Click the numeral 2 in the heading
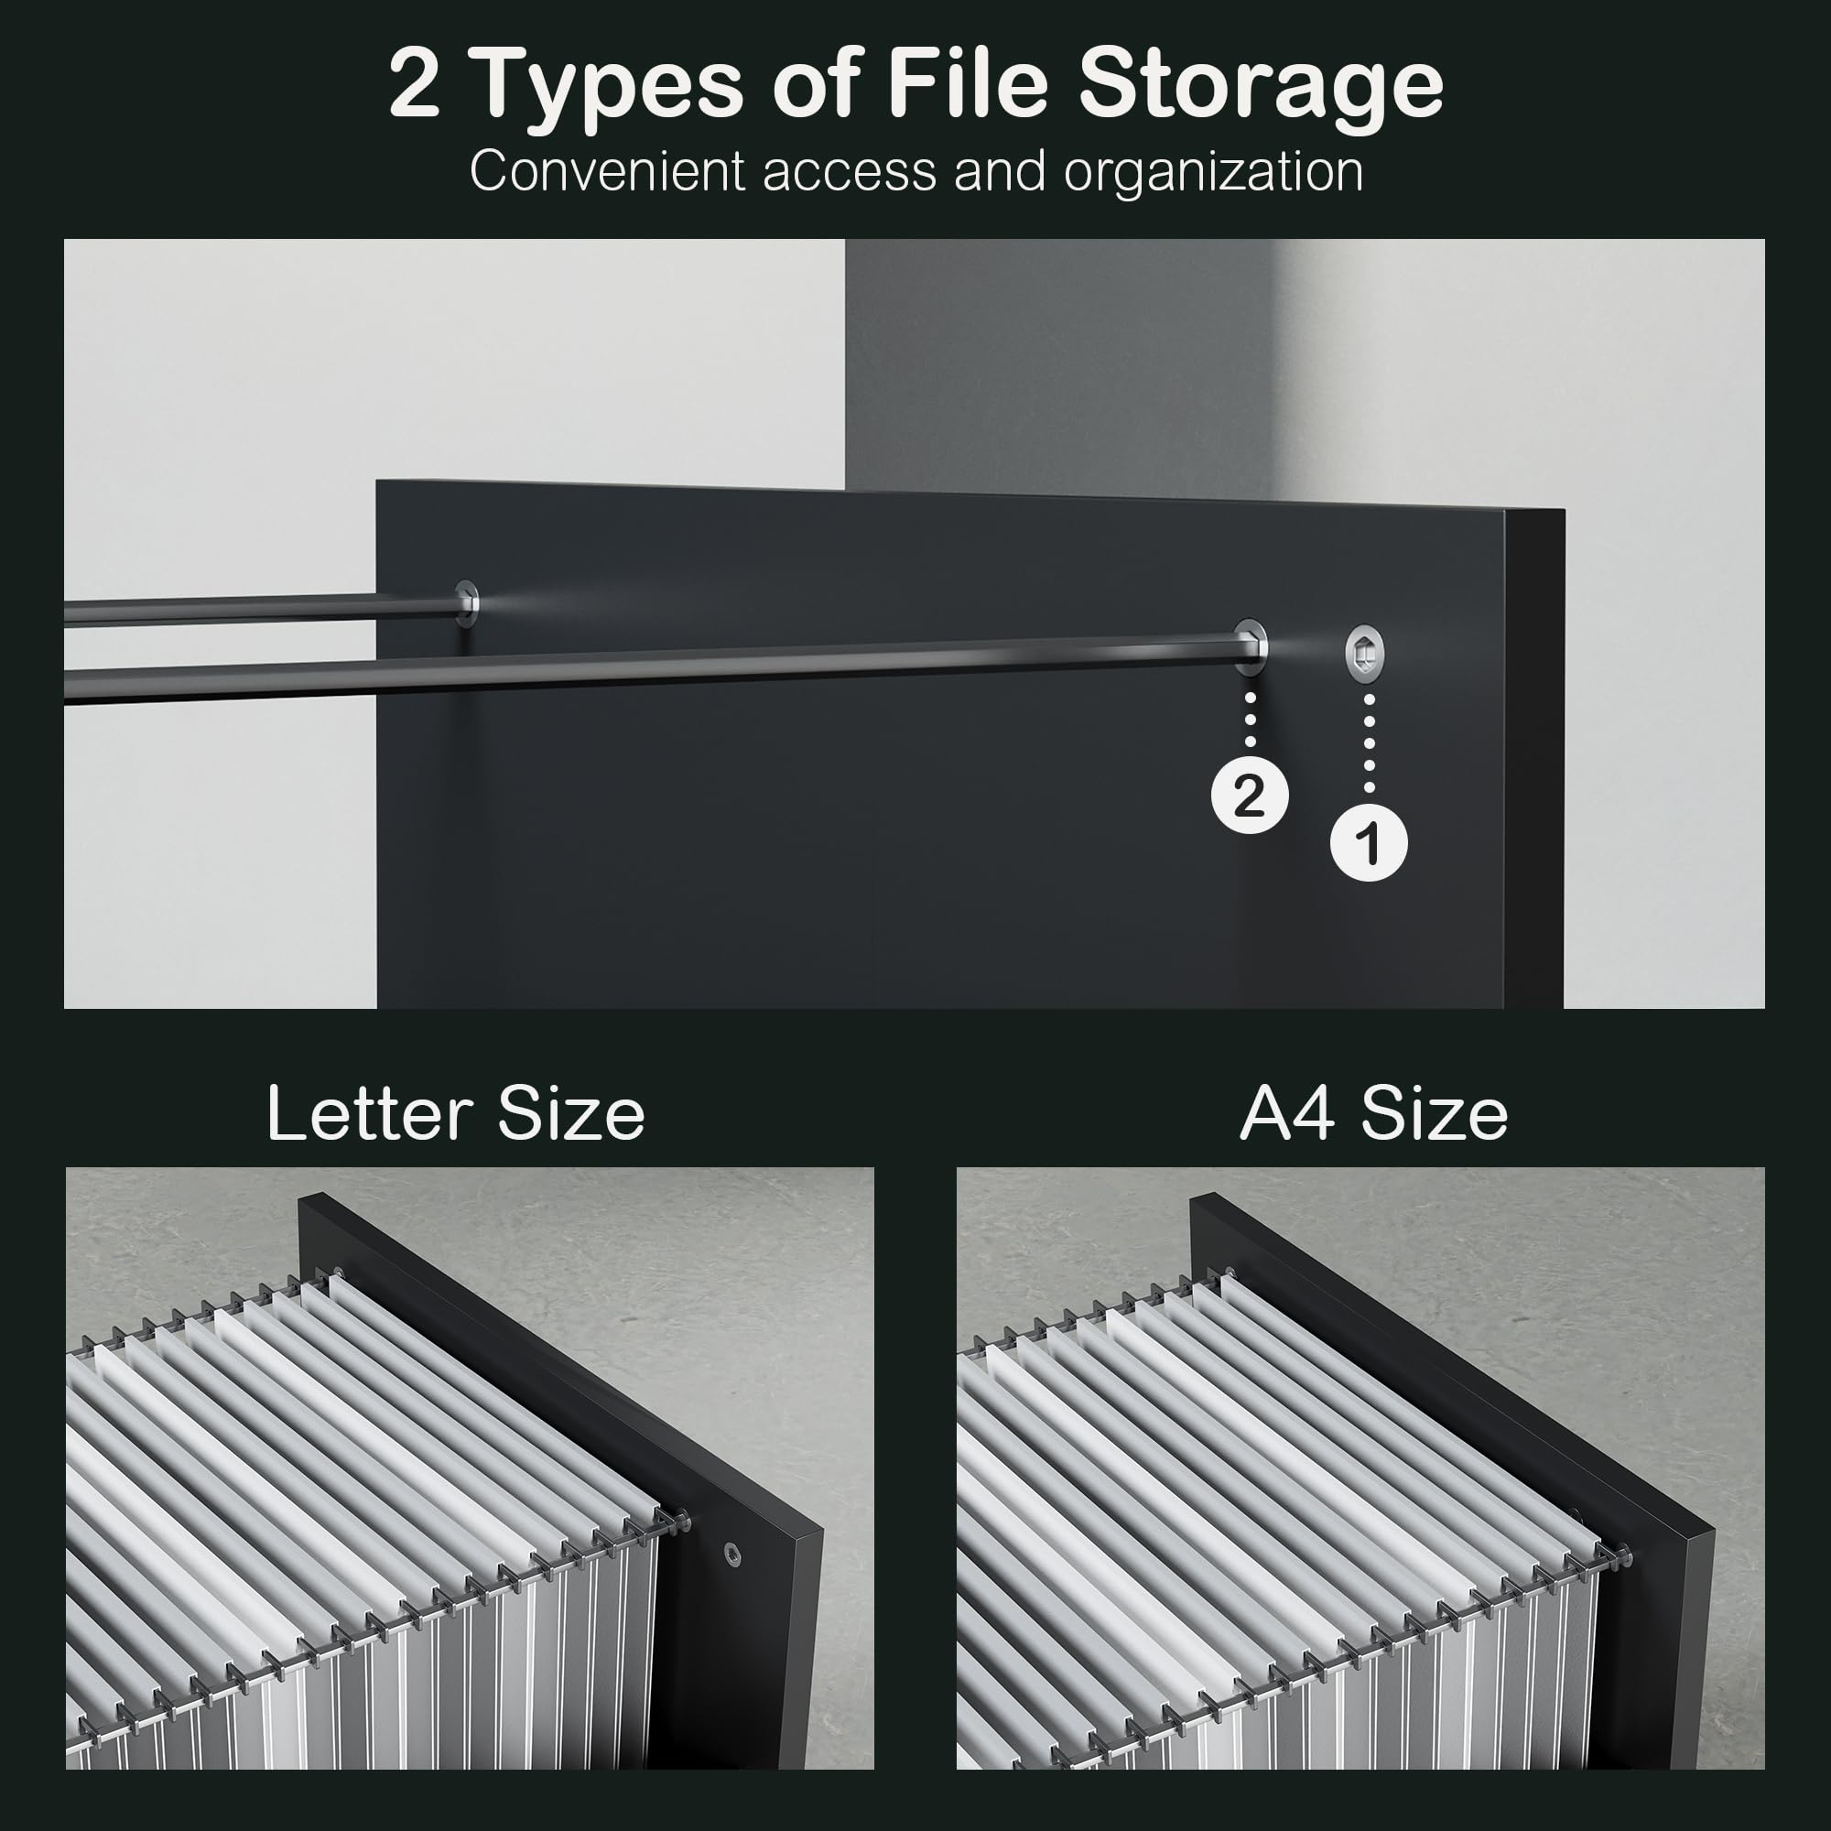pos(414,86)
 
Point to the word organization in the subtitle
pos(1213,173)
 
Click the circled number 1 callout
pos(1369,842)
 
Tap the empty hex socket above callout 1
pos(1365,652)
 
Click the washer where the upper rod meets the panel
pos(466,602)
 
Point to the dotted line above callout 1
pos(1369,743)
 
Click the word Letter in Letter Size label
pos(369,1113)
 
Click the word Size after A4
pos(1434,1113)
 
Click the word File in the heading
pos(968,85)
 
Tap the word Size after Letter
pos(570,1113)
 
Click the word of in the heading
pos(815,86)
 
